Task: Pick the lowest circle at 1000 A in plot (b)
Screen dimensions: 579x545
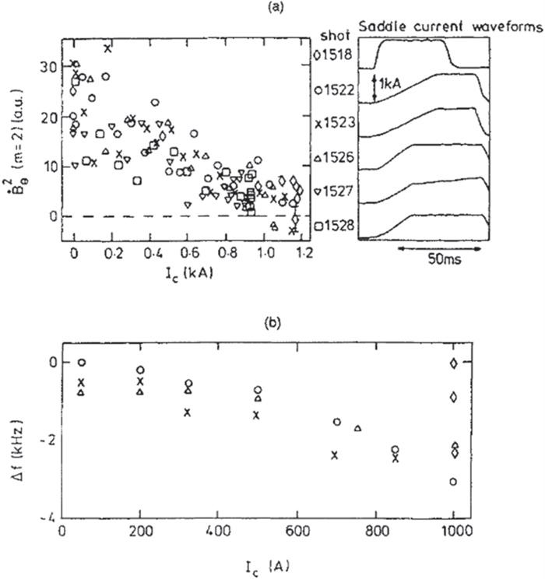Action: click(x=452, y=482)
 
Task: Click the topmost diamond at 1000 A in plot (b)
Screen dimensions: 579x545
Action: click(x=453, y=363)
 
